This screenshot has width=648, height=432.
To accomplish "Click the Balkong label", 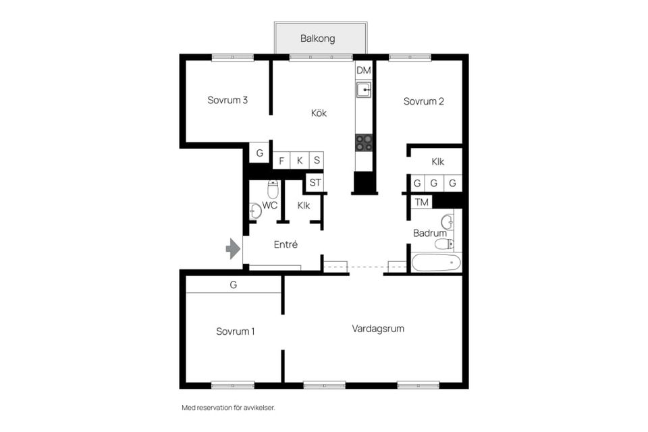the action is click(x=317, y=39).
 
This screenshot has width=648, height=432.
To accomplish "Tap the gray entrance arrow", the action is click(x=234, y=248).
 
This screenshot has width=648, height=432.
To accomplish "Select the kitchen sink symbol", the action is click(x=364, y=89).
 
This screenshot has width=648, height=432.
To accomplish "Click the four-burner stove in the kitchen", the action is click(x=364, y=142).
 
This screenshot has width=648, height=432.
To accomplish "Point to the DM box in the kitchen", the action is click(x=364, y=70).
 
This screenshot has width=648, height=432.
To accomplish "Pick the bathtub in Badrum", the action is click(x=436, y=263).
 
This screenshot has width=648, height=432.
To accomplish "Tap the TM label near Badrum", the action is click(x=421, y=202).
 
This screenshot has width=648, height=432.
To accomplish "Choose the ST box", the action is click(x=315, y=182).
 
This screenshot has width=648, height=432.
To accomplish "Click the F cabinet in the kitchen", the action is click(x=281, y=161).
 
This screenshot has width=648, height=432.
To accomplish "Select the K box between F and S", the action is click(x=300, y=161).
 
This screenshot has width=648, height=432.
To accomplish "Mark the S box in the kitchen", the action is click(x=317, y=161).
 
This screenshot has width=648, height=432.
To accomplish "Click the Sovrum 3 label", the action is click(x=227, y=100).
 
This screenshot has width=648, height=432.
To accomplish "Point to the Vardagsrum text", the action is click(x=378, y=329).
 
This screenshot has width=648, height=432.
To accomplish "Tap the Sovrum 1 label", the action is click(x=235, y=331).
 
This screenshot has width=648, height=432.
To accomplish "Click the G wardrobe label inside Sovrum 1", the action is click(x=234, y=285).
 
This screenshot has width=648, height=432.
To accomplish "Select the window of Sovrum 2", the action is click(x=410, y=57).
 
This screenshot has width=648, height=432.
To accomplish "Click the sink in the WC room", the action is click(x=255, y=211).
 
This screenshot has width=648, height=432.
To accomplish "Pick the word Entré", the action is click(x=286, y=245).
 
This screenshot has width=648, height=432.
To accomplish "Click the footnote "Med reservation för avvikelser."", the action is click(x=229, y=408).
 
